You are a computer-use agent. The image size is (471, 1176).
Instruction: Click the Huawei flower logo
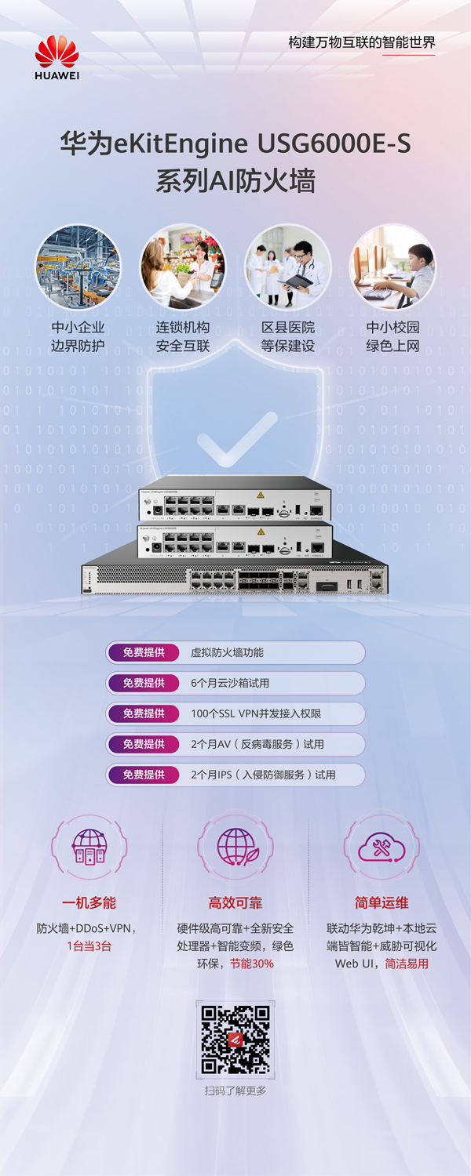click(57, 52)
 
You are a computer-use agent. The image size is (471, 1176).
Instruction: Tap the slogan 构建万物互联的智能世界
click(362, 42)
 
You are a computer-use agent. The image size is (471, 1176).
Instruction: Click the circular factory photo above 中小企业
click(78, 267)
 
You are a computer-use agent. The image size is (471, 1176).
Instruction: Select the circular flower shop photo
click(183, 267)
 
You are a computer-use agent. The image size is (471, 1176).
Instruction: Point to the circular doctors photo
click(288, 267)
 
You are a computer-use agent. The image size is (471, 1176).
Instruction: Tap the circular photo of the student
click(392, 267)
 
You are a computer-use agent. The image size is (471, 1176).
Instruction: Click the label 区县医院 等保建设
click(288, 336)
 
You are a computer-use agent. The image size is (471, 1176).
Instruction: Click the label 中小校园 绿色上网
click(392, 336)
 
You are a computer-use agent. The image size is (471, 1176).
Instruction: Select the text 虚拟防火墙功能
click(228, 652)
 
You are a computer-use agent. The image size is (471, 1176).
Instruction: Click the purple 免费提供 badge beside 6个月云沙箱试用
click(144, 683)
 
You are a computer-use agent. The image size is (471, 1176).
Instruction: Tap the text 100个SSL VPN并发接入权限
click(256, 713)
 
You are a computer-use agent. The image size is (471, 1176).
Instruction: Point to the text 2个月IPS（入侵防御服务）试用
click(263, 775)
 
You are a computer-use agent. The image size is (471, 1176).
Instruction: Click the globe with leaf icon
click(236, 848)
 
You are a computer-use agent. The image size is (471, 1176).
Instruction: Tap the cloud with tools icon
click(382, 848)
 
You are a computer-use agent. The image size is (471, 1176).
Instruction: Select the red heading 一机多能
click(89, 902)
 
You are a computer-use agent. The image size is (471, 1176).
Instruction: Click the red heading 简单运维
click(382, 902)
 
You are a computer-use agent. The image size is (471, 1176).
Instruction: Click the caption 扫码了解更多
click(235, 1091)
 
